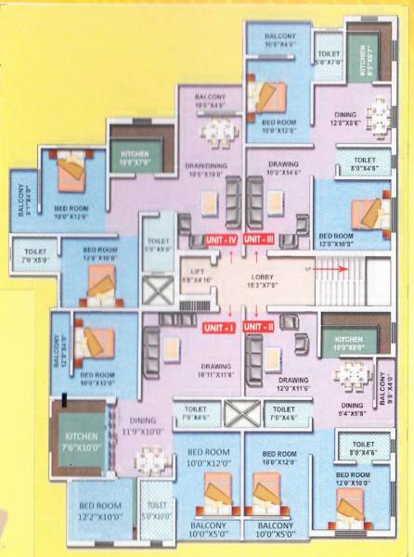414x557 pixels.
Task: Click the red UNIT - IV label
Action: [221, 239]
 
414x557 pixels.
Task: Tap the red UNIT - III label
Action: [263, 239]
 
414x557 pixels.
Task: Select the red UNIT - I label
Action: [219, 327]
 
